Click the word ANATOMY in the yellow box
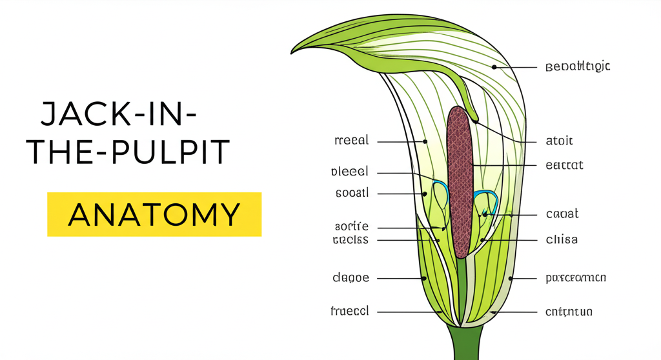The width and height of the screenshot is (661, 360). point(154,214)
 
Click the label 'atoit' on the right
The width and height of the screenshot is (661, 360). point(559,141)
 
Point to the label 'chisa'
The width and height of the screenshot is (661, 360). point(562,240)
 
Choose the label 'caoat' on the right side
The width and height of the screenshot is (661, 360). point(562,214)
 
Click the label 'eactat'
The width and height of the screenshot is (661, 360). point(564,165)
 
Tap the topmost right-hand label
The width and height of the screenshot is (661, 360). point(578,66)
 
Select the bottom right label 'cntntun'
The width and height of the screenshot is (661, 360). point(569,312)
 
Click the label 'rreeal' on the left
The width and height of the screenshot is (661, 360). point(352,141)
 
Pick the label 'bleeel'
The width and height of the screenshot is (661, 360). point(349,172)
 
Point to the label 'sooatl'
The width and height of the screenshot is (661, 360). point(352,193)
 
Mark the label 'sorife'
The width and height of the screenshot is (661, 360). point(352,227)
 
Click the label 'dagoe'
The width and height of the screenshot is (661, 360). point(351,278)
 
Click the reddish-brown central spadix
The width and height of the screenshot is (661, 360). point(460,181)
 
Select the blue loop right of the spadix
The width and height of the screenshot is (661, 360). point(486,201)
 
